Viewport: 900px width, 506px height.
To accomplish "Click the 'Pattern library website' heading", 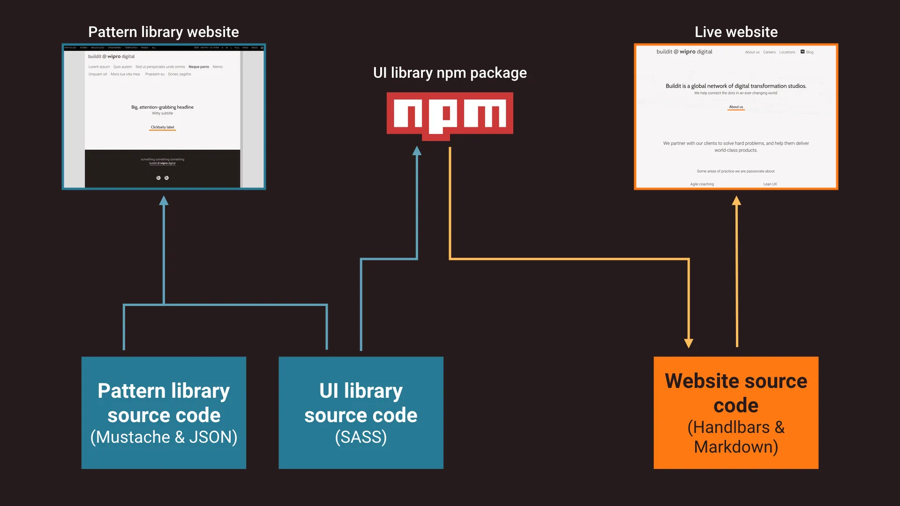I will pyautogui.click(x=163, y=32).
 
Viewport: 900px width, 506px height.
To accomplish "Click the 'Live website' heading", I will pyautogui.click(x=736, y=32).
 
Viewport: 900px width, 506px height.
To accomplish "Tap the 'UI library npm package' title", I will pyautogui.click(x=450, y=73).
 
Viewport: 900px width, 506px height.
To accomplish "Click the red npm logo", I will pyautogui.click(x=450, y=115).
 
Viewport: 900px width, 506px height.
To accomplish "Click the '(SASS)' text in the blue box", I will pyautogui.click(x=361, y=437).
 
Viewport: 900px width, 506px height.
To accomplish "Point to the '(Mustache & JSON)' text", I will pyautogui.click(x=164, y=437).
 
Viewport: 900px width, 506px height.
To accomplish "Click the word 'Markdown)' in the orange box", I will pyautogui.click(x=736, y=447).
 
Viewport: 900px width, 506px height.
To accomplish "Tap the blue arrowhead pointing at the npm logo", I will pyautogui.click(x=417, y=151).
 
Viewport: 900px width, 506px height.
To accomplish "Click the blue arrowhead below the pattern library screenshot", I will pyautogui.click(x=164, y=201).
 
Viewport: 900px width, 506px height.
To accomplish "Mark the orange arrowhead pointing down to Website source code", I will pyautogui.click(x=689, y=343).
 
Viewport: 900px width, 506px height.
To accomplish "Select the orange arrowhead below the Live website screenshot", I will pyautogui.click(x=736, y=201).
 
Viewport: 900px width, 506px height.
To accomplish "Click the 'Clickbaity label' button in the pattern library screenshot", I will pyautogui.click(x=162, y=127).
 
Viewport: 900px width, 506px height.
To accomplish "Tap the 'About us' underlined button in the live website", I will pyautogui.click(x=736, y=107).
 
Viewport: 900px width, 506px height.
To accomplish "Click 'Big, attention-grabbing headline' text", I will pyautogui.click(x=162, y=107).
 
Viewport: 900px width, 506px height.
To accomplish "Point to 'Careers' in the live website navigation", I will pyautogui.click(x=769, y=52).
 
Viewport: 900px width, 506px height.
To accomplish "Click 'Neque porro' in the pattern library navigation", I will pyautogui.click(x=199, y=67).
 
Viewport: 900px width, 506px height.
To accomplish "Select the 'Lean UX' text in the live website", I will pyautogui.click(x=770, y=184).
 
